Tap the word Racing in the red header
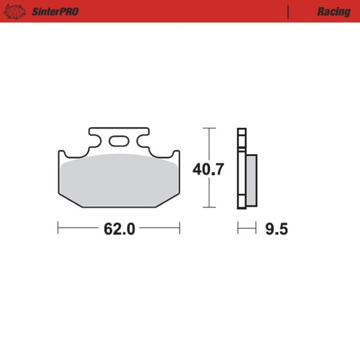333,11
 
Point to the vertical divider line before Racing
289,11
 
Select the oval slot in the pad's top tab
120,142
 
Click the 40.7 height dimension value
209,169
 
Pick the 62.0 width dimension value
120,229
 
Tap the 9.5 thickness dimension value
277,229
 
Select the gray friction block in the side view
249,179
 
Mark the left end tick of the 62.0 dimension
59,229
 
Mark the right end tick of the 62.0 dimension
180,229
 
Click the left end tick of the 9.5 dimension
237,229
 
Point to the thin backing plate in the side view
239,169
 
